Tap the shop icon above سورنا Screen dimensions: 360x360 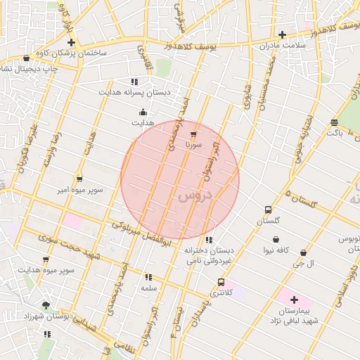(194, 133)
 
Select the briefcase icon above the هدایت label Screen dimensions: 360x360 (143, 112)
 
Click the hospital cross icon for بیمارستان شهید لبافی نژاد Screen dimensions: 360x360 (294, 300)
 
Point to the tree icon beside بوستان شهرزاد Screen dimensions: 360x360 (46, 305)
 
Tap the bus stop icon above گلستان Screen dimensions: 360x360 (268, 210)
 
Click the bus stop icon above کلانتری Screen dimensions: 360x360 (221, 282)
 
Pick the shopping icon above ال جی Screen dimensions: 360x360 (303, 252)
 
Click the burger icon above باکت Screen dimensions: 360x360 (333, 123)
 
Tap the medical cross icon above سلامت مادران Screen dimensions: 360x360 (282, 34)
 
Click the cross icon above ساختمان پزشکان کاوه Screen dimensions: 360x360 (71, 42)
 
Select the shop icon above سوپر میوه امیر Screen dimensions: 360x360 (79, 179)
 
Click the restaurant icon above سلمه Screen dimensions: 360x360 (148, 277)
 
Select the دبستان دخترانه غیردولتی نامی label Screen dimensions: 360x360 (210, 255)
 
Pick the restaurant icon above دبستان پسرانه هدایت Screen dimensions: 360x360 (134, 81)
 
